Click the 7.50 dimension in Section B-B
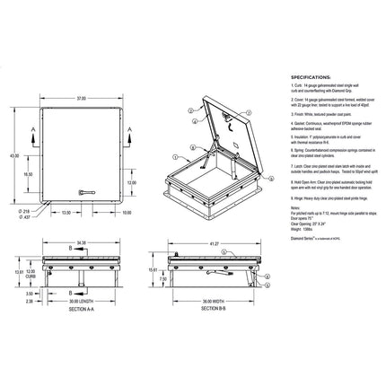pyautogui.click(x=163, y=277)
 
